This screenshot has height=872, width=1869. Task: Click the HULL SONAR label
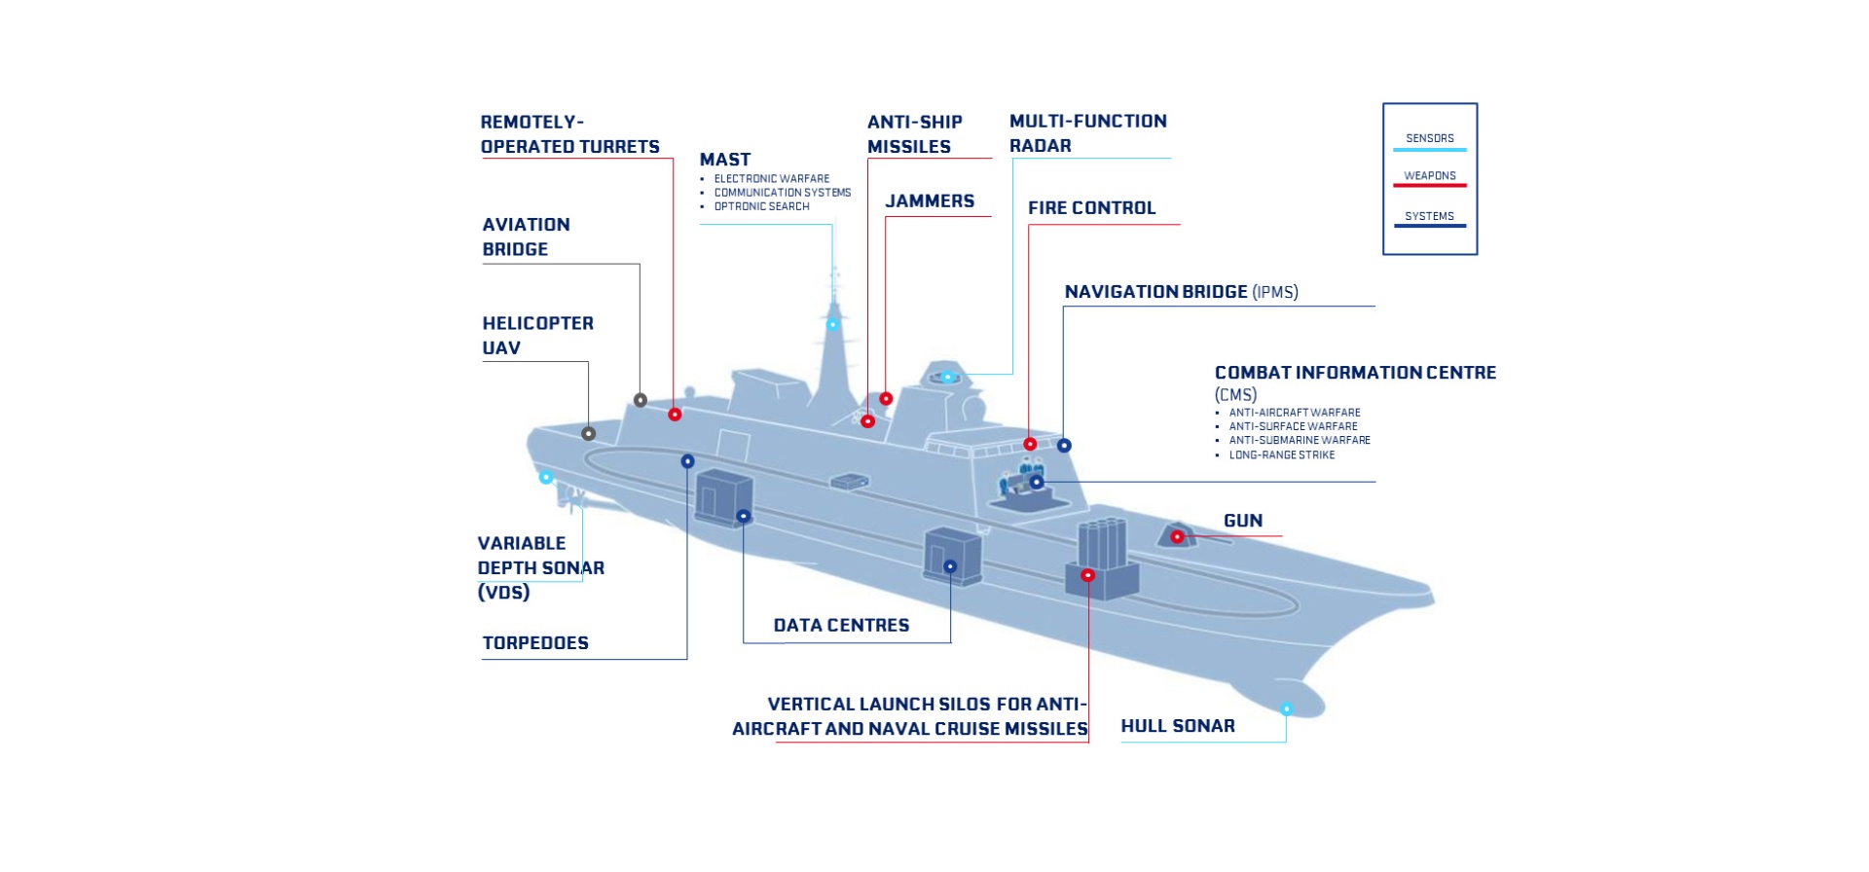click(x=1177, y=726)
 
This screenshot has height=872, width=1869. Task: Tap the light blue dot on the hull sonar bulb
click(x=1286, y=708)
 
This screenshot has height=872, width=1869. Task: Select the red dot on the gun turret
click(x=1177, y=536)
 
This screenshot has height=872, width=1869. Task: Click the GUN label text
click(x=1243, y=521)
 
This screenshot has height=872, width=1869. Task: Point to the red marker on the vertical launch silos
click(x=1088, y=575)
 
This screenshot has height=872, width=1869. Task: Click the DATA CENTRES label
click(x=841, y=625)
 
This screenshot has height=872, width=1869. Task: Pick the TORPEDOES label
click(x=535, y=642)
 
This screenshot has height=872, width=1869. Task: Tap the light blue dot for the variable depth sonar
click(x=546, y=477)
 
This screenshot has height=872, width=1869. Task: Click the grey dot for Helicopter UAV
click(x=588, y=433)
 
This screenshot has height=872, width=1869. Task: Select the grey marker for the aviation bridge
click(x=641, y=400)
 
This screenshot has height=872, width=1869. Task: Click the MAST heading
click(x=725, y=160)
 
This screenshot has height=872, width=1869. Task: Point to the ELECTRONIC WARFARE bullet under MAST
click(x=771, y=179)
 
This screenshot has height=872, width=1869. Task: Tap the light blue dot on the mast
click(x=832, y=324)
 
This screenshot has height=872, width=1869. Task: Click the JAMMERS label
click(x=930, y=201)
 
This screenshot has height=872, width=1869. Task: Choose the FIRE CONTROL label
click(x=1091, y=208)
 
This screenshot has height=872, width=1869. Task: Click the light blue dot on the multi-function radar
click(x=946, y=377)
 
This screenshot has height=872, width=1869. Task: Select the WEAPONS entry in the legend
click(x=1429, y=176)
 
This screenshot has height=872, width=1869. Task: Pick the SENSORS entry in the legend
click(x=1429, y=138)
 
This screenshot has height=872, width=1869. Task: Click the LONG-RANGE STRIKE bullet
click(x=1281, y=454)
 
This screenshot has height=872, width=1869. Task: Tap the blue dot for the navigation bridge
click(x=1064, y=445)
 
